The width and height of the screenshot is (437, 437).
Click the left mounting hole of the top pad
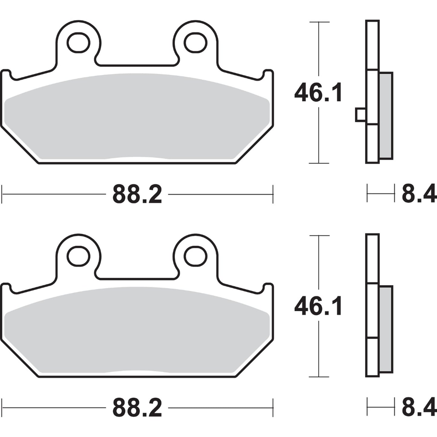[x=78, y=43]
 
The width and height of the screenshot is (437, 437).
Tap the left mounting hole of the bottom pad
[x=78, y=256]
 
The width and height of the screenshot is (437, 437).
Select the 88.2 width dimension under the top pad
[x=137, y=195]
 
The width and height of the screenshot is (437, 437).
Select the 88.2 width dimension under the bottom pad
[x=137, y=408]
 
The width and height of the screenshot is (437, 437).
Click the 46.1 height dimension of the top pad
[x=318, y=93]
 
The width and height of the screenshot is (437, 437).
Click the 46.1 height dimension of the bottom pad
[x=318, y=306]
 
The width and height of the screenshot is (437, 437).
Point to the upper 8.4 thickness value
[x=419, y=195]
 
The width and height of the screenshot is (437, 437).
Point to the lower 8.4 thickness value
[x=419, y=408]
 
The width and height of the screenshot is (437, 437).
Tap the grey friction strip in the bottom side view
[x=386, y=330]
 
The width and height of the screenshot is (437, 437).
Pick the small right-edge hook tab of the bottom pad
[x=269, y=287]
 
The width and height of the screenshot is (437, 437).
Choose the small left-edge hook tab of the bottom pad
[x=6, y=287]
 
